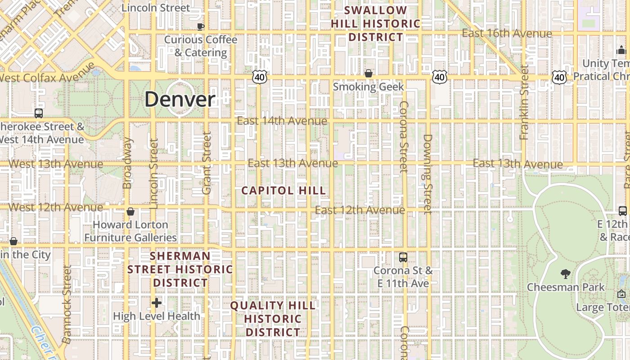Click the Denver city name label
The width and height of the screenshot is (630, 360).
[180, 99]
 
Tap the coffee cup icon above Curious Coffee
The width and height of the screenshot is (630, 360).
[201, 27]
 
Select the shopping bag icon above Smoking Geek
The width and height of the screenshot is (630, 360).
[369, 73]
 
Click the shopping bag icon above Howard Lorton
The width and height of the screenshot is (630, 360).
[130, 211]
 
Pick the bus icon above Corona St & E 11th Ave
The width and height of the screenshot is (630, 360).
[403, 257]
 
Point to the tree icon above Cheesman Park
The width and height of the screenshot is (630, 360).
[565, 274]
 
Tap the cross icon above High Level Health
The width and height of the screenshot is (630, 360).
[156, 303]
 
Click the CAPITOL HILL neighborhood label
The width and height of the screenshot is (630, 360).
[283, 190]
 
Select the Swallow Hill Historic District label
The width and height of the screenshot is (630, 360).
[376, 23]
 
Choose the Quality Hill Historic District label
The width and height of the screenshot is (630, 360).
[273, 319]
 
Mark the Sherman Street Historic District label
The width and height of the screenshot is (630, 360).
[180, 269]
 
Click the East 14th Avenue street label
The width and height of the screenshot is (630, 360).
[282, 121]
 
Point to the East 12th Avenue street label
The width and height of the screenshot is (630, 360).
[360, 210]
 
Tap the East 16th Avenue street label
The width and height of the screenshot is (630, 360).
[507, 34]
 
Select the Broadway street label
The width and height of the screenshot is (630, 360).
[127, 163]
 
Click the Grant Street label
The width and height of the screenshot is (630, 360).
[207, 163]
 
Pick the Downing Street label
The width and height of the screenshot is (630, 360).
[427, 174]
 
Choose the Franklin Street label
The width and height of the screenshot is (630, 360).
[524, 103]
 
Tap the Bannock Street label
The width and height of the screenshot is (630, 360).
[67, 304]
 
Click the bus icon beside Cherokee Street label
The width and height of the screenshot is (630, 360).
[39, 113]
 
